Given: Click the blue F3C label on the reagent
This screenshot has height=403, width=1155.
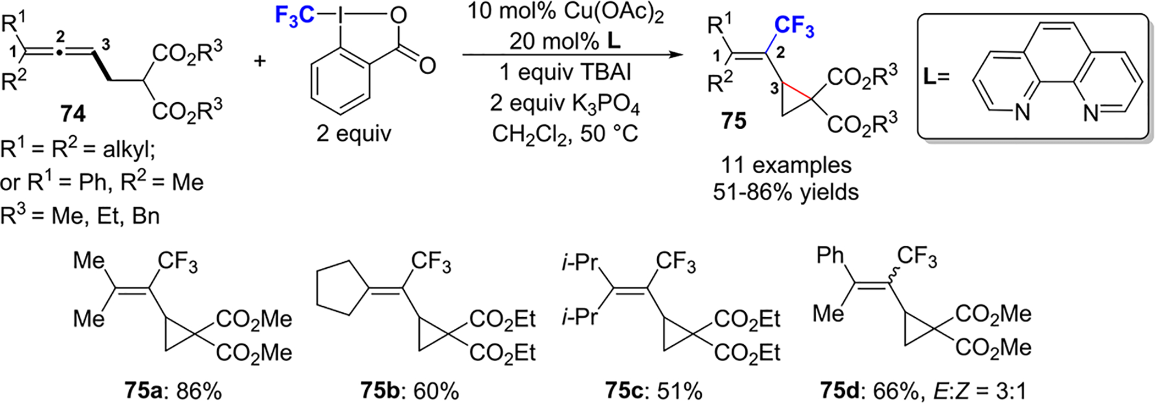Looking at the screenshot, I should tap(294, 15).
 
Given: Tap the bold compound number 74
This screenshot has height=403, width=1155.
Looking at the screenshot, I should tap(73, 114).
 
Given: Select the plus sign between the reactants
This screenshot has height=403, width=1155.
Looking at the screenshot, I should tap(260, 59).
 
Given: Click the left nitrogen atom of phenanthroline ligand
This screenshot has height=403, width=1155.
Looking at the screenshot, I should tap(1022, 114).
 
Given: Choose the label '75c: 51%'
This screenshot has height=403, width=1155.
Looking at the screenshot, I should tap(653, 391).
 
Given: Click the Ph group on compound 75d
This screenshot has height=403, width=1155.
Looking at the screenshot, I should tap(830, 256).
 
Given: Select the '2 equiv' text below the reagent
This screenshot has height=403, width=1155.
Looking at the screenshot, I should tap(353, 134).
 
